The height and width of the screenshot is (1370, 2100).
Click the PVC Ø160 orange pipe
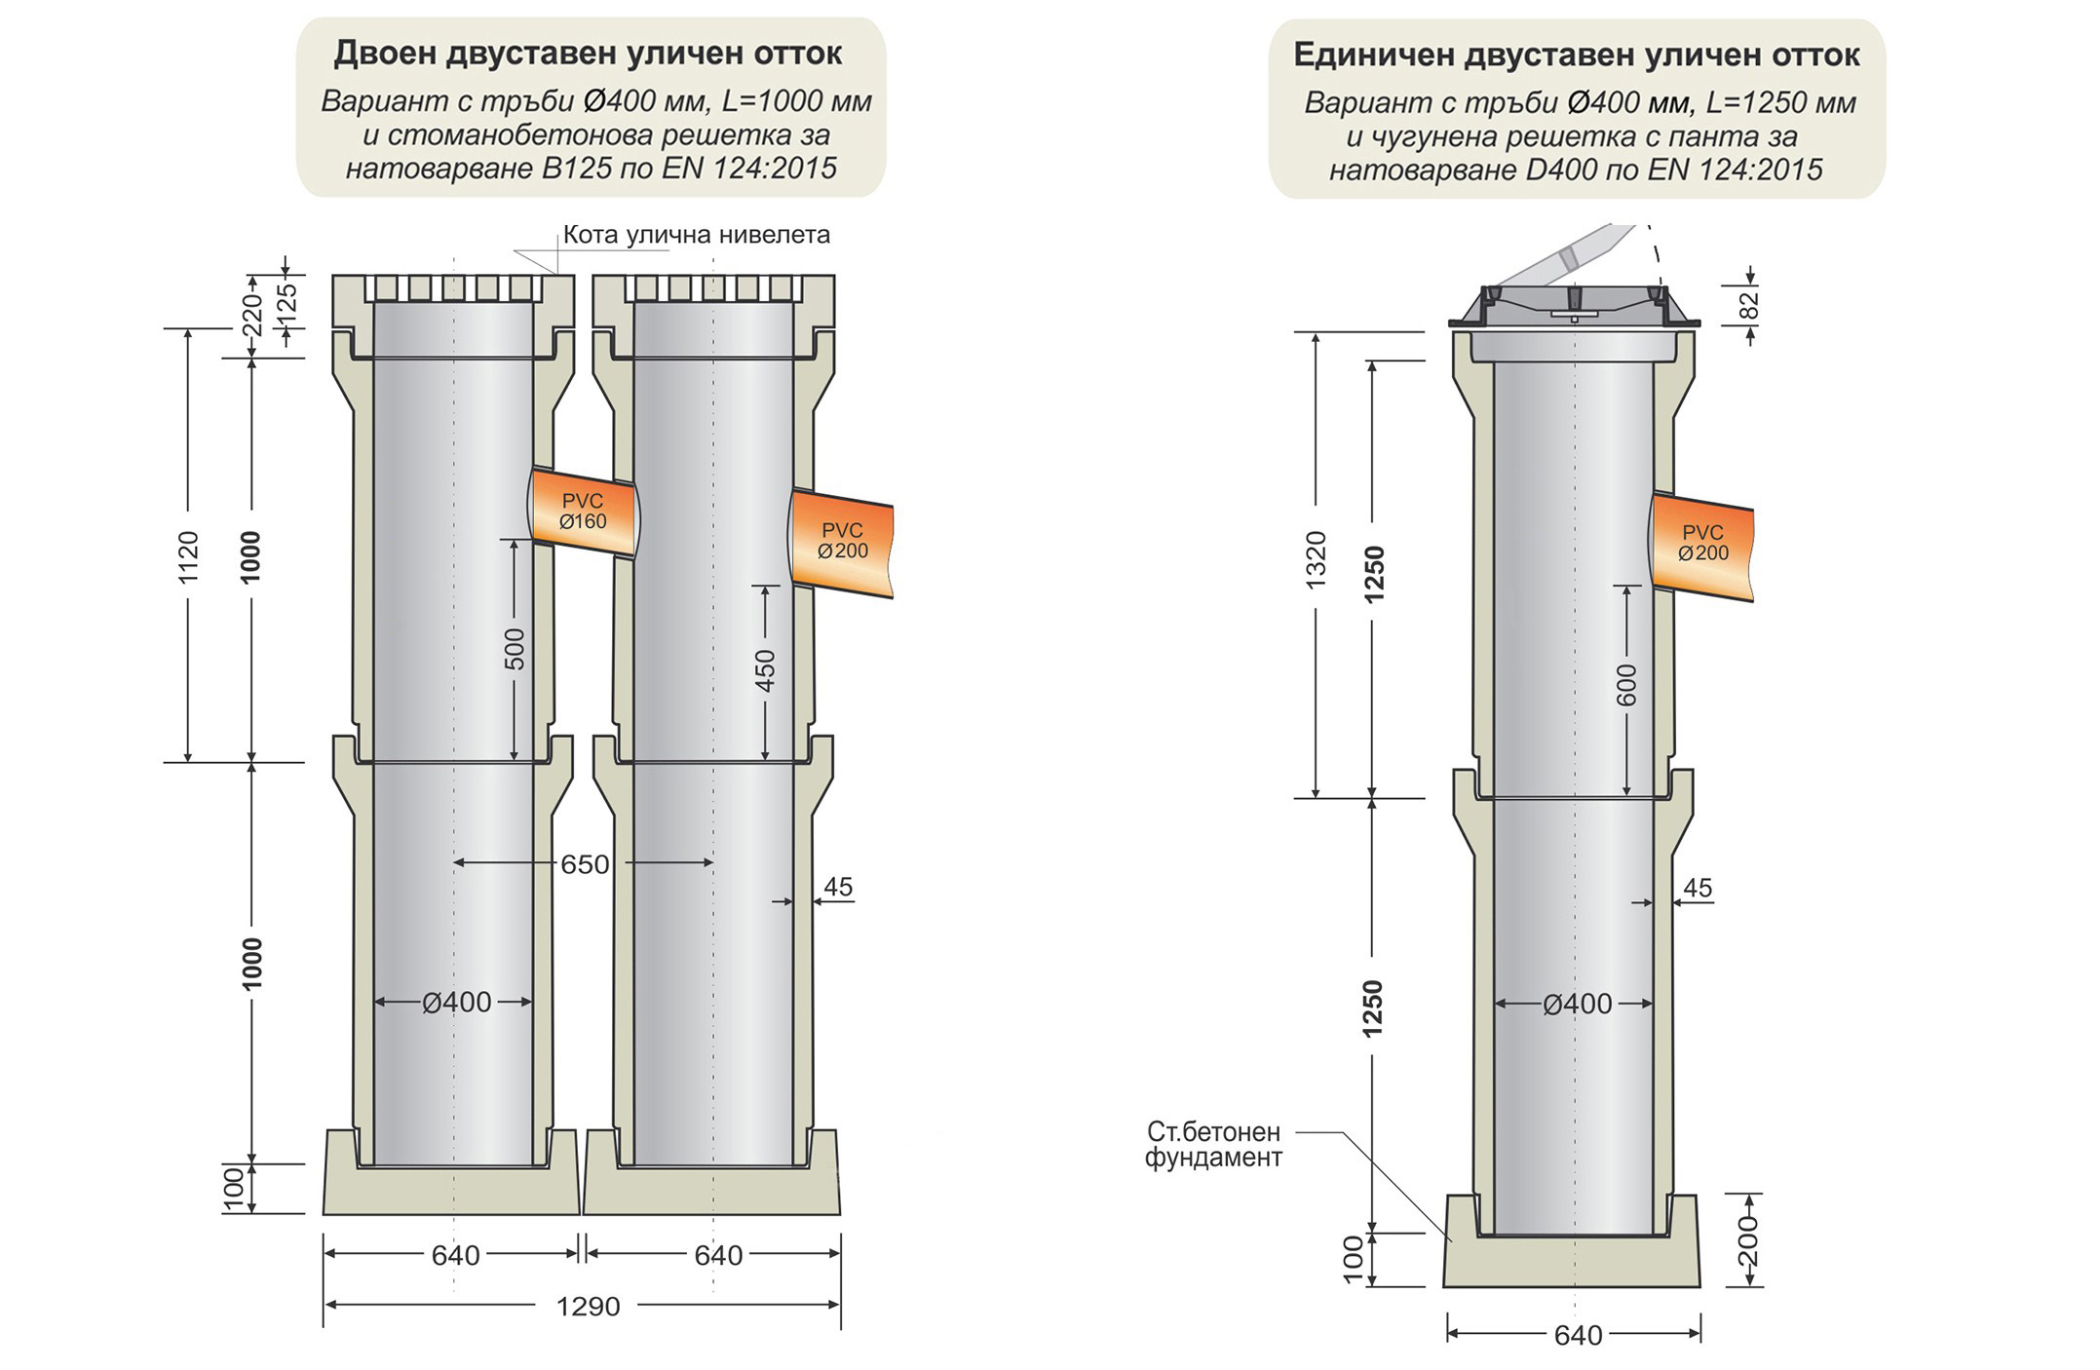point(583,513)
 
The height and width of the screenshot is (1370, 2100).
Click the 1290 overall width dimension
point(588,1307)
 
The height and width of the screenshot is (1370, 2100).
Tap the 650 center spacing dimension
point(585,864)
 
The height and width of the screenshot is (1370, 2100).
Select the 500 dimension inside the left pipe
point(515,649)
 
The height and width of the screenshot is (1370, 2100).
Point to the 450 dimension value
point(766,670)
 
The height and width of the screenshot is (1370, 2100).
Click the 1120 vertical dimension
point(188,557)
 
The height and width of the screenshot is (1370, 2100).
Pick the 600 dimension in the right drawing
point(1627,685)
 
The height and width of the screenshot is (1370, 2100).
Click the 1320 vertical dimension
point(1316,559)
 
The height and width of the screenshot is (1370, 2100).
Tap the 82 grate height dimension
point(1750,306)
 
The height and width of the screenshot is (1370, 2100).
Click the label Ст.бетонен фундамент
point(1213,1145)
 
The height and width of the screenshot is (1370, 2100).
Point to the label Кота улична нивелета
point(696,235)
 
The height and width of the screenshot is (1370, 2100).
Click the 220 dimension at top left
point(252,315)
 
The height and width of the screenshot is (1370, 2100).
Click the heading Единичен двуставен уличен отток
point(1576,56)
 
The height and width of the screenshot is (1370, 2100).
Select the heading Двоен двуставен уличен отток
point(588,54)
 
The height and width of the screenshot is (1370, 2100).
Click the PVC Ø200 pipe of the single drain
point(1703,544)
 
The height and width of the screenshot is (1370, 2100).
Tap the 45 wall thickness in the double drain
point(838,887)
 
